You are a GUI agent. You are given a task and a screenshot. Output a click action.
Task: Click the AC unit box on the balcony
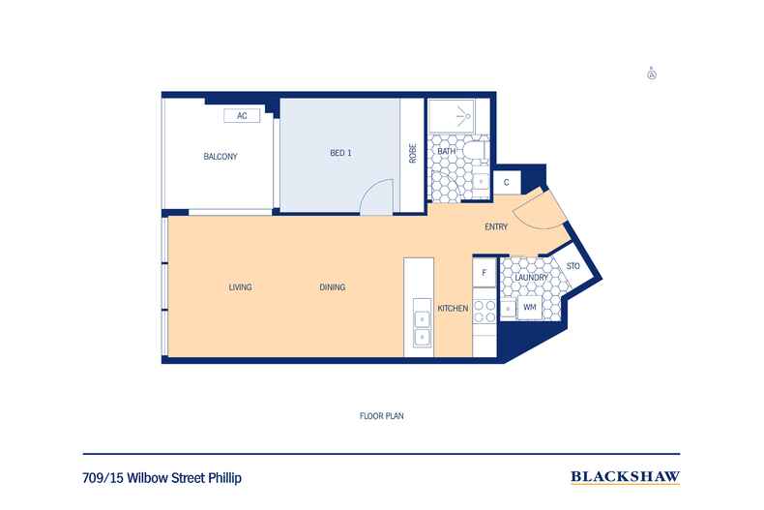[242, 116]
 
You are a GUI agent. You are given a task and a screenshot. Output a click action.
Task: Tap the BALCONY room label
[220, 157]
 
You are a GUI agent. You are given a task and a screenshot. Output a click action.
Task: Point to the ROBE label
[413, 154]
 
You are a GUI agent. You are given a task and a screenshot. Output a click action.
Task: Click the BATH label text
[446, 152]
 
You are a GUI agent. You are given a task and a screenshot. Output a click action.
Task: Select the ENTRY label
[496, 227]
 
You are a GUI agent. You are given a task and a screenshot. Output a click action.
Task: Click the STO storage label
[573, 266]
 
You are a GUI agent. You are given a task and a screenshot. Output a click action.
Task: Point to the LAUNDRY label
[532, 278]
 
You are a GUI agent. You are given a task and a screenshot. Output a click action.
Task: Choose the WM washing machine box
[530, 308]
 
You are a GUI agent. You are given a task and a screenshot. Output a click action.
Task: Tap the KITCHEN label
[453, 309]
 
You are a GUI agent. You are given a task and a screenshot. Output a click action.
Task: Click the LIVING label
[240, 287]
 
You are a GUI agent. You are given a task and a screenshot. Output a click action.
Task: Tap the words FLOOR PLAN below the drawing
[380, 416]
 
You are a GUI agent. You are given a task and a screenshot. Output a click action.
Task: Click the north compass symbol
[652, 73]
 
